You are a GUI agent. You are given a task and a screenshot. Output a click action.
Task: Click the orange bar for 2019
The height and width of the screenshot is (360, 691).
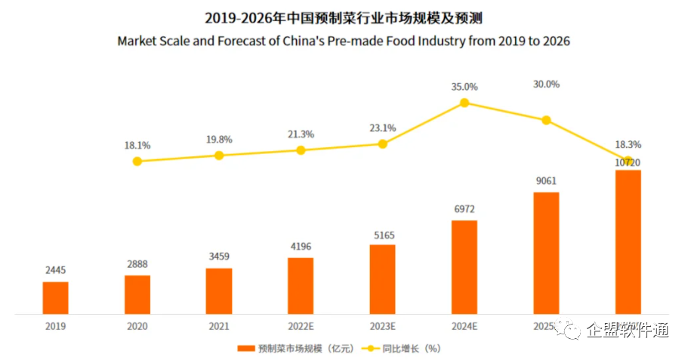click(x=55, y=297)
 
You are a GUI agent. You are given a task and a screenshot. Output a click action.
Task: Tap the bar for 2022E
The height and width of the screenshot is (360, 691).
click(x=301, y=285)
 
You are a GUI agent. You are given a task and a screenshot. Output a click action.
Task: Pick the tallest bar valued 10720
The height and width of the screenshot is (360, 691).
click(x=628, y=242)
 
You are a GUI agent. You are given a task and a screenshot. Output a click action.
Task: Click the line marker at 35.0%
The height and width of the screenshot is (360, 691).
click(x=464, y=103)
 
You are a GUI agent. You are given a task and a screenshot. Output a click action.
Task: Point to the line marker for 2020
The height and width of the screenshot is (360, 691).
click(x=137, y=161)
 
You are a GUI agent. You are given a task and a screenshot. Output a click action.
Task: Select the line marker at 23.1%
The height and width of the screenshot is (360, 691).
click(x=382, y=143)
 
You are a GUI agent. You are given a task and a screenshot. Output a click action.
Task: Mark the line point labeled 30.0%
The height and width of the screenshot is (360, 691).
click(x=546, y=120)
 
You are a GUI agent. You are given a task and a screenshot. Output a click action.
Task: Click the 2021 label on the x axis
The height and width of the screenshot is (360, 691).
click(x=219, y=327)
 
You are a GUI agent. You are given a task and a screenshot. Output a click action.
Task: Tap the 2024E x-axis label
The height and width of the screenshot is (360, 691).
click(x=464, y=327)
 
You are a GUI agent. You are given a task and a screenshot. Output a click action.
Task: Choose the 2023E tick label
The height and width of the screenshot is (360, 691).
click(x=382, y=327)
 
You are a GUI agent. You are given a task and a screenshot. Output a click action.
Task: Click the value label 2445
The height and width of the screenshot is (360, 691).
click(x=55, y=269)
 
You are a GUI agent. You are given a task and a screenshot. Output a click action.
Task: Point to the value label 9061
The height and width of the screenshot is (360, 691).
click(x=546, y=180)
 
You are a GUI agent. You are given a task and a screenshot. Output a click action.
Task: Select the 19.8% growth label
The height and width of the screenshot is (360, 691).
click(x=219, y=140)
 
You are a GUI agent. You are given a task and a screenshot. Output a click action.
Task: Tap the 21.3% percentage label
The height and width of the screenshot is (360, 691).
click(x=301, y=134)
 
